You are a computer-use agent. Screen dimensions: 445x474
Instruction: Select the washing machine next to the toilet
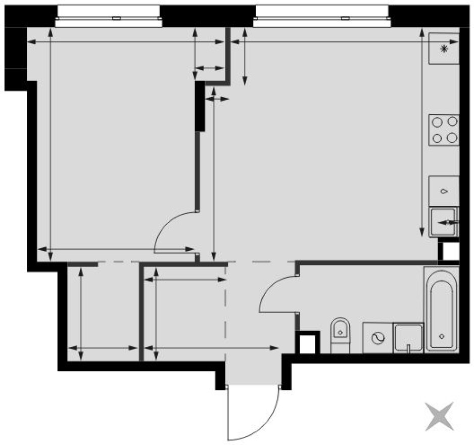click(x=377, y=338)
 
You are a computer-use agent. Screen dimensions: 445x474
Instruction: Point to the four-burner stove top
click(x=444, y=130)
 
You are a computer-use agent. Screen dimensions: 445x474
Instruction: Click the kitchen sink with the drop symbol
click(x=444, y=191)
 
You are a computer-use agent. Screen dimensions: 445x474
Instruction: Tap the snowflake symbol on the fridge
click(x=444, y=49)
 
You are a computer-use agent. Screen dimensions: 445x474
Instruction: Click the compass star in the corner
click(x=439, y=416)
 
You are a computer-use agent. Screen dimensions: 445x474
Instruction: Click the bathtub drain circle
click(x=442, y=336)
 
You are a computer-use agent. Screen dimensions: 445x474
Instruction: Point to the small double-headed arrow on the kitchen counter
click(x=448, y=223)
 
